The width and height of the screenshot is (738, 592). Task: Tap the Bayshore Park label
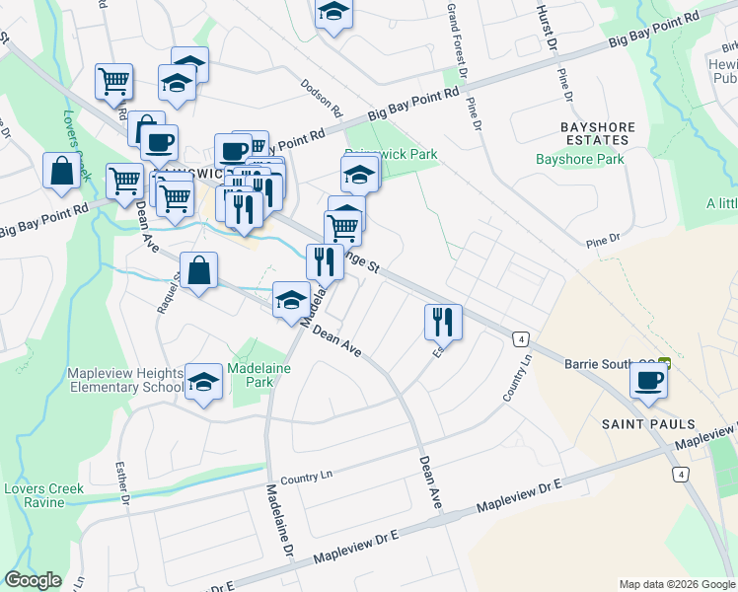[580, 159]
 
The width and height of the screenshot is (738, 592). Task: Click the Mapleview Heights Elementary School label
[124, 380]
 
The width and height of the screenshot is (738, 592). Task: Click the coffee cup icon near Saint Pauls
[648, 380]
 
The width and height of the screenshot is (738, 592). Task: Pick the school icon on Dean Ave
[291, 300]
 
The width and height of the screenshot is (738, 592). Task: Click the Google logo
[33, 580]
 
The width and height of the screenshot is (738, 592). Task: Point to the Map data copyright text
[677, 584]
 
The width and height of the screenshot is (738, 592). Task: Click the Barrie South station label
[609, 363]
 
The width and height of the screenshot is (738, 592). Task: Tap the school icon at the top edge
[333, 12]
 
